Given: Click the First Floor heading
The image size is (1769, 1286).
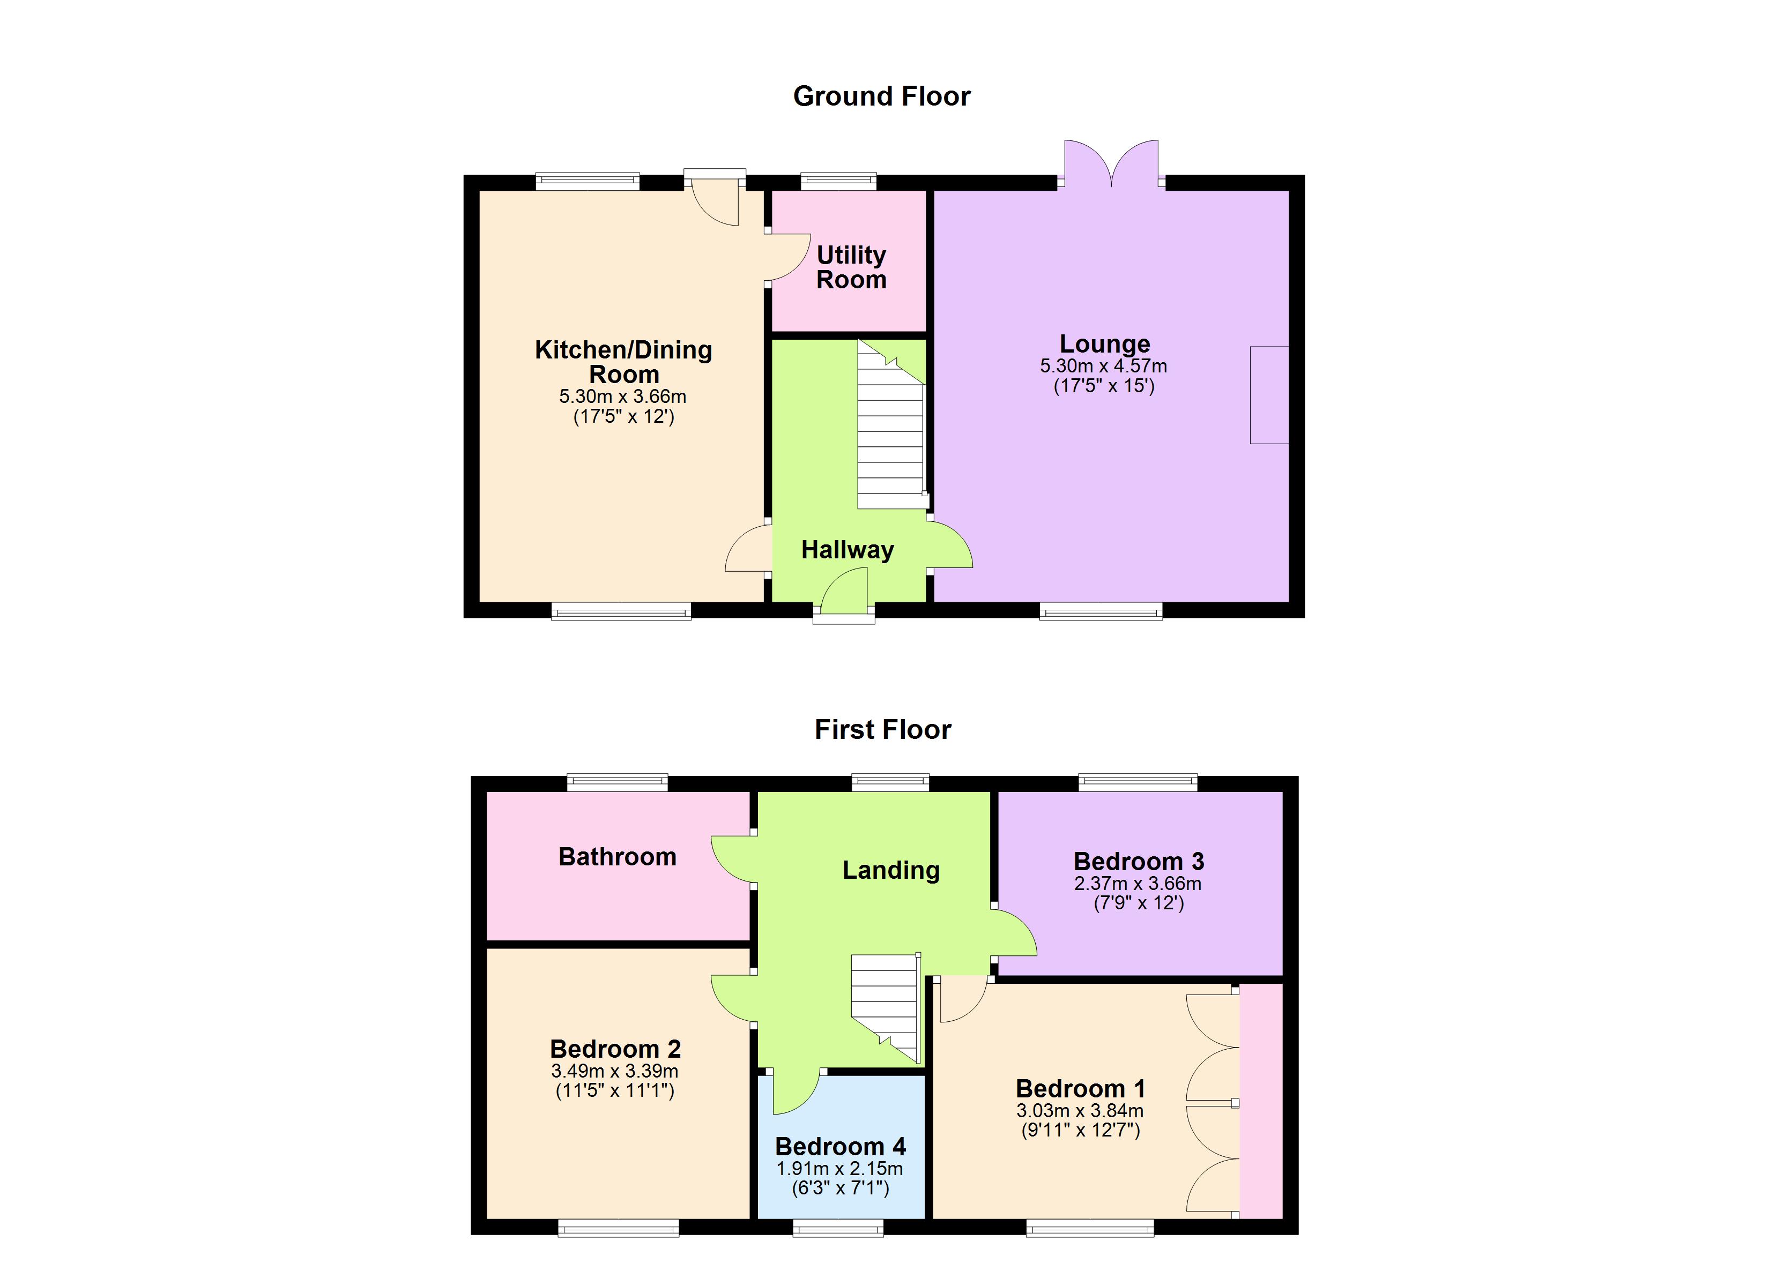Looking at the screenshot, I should [x=882, y=729].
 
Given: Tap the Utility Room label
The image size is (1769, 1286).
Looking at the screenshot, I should [x=851, y=267].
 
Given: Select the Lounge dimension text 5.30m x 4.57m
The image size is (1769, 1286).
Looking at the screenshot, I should [x=1103, y=366].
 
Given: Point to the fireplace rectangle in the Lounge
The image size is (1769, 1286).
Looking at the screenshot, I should [x=1269, y=395].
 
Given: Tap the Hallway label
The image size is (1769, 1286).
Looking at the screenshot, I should [x=847, y=550].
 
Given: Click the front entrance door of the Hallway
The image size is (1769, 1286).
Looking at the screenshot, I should [x=845, y=593].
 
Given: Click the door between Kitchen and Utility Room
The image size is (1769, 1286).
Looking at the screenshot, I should [x=788, y=257].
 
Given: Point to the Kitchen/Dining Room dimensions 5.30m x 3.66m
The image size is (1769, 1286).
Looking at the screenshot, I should [x=622, y=396].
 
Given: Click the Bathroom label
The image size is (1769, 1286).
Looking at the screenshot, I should [x=617, y=857].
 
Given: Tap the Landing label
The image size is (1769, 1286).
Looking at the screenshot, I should [x=891, y=870].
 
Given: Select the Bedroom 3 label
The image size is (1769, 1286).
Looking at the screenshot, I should [x=1138, y=862].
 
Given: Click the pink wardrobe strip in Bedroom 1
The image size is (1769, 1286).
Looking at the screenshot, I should [x=1260, y=1100].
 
